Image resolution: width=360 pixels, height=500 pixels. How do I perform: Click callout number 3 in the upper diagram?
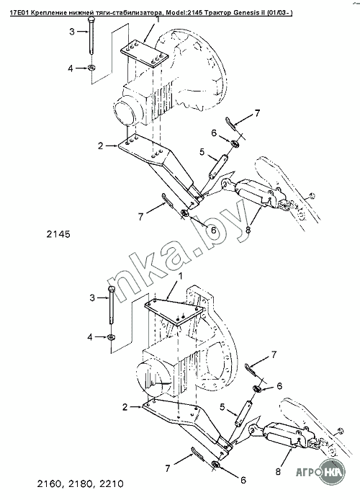click(x=72, y=32)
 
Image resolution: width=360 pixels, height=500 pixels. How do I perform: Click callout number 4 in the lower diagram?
click(x=90, y=336)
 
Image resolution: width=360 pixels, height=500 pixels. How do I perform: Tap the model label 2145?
click(x=58, y=234)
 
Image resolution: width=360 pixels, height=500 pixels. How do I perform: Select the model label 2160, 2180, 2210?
click(x=80, y=483)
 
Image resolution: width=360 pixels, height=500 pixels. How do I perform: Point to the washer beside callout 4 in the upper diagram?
click(x=92, y=68)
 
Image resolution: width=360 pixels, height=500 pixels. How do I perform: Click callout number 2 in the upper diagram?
click(x=101, y=146)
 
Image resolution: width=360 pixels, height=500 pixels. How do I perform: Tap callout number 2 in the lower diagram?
click(x=125, y=407)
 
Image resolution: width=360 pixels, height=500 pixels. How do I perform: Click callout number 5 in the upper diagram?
click(x=202, y=152)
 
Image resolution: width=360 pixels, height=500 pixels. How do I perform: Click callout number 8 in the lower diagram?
click(x=278, y=472)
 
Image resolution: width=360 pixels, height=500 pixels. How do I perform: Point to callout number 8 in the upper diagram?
click(x=248, y=229)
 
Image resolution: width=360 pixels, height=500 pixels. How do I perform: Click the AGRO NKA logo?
click(x=321, y=471)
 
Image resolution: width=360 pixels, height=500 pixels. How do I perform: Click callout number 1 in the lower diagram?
click(x=181, y=276)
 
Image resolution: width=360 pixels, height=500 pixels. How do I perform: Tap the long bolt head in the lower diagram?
click(x=111, y=290)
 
